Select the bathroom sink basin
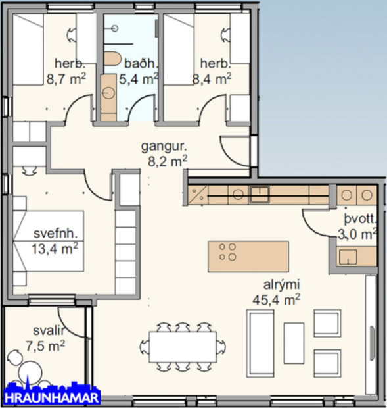pyautogui.click(x=109, y=91)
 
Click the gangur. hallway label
pyautogui.click(x=162, y=145)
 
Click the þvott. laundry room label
pyautogui.click(x=359, y=220)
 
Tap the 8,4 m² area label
pyautogui.click(x=212, y=80)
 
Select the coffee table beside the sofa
pyautogui.click(x=294, y=342)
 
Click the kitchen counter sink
pyautogui.click(x=260, y=193)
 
